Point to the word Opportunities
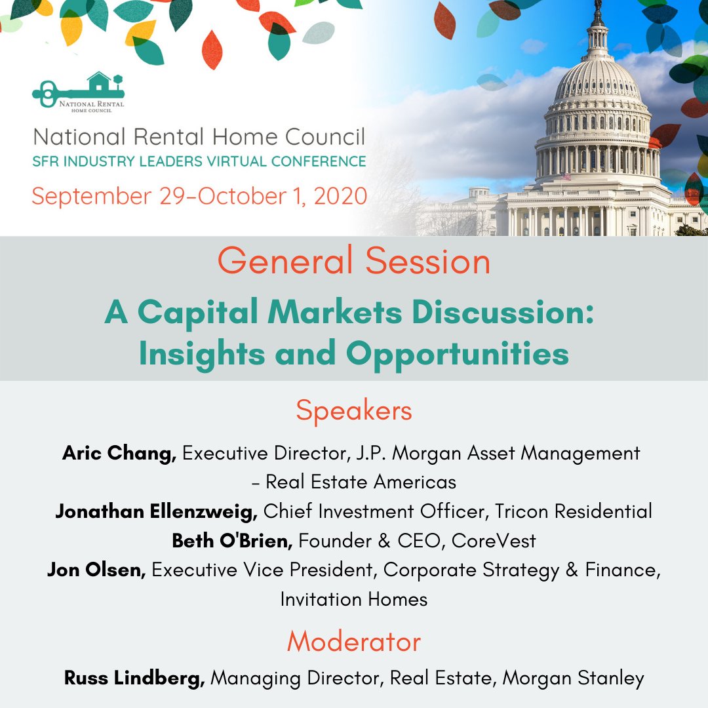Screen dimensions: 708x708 click(457, 354)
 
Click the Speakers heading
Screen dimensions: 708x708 click(354, 411)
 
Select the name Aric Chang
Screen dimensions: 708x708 click(119, 453)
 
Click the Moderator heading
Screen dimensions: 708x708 click(354, 642)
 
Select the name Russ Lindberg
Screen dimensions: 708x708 click(134, 678)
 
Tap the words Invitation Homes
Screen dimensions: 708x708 click(354, 599)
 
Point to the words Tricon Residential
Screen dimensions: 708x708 click(574, 511)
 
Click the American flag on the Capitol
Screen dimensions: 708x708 click(566, 176)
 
